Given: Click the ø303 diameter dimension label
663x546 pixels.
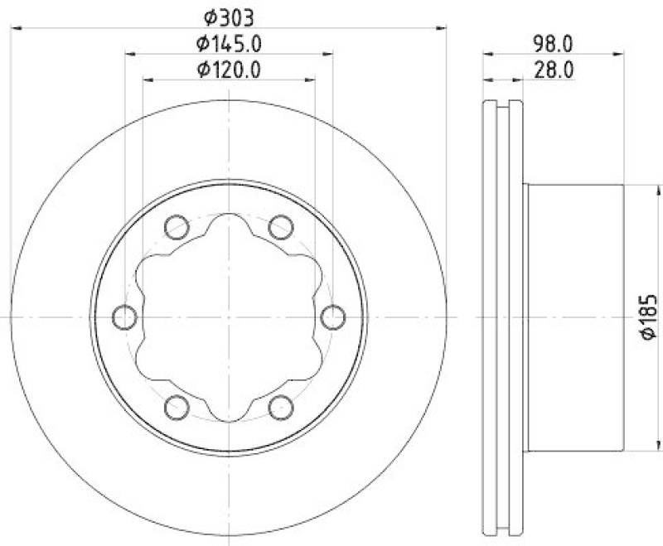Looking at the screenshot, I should [230, 16].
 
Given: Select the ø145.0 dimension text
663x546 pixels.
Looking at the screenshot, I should [230, 43].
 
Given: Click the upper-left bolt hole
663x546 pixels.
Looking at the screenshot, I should [176, 225].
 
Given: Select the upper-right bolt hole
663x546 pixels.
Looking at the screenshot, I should [282, 225].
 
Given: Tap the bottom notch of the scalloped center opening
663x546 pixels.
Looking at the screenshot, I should [229, 413].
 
